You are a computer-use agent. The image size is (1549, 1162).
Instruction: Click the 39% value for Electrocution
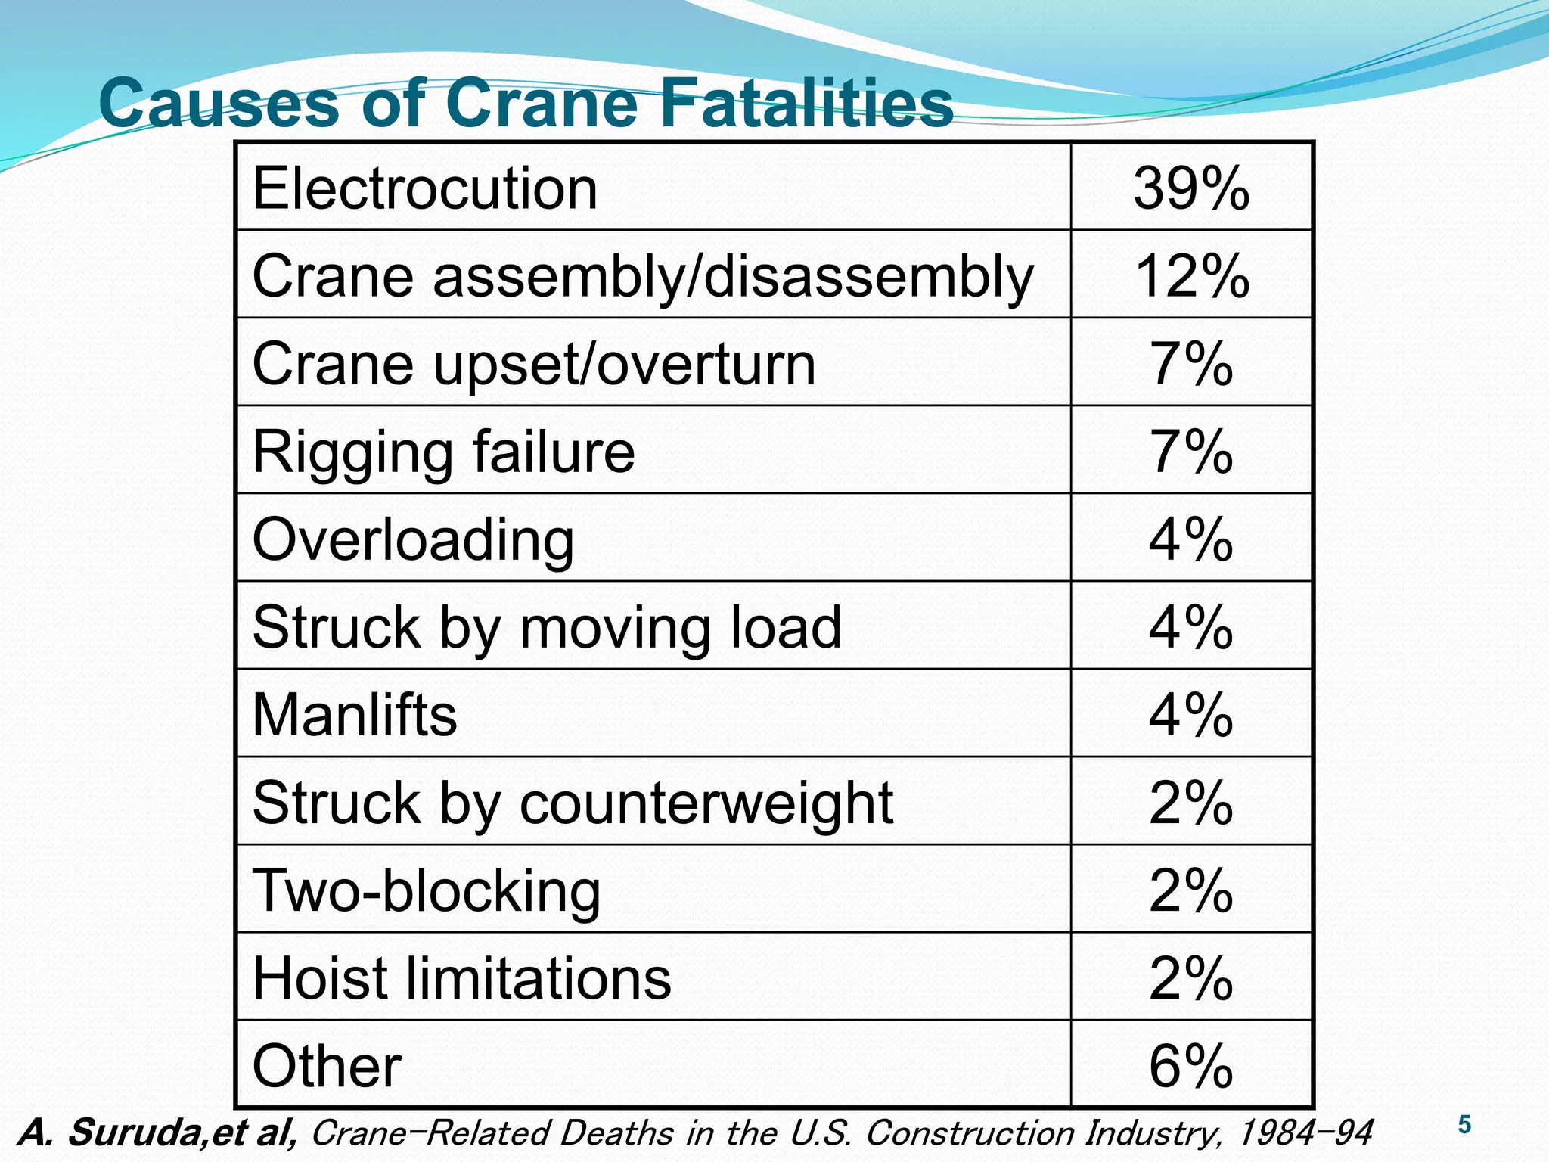click(x=1190, y=188)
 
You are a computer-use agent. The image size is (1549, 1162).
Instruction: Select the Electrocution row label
click(x=424, y=188)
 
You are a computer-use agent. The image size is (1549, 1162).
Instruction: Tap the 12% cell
click(x=1190, y=276)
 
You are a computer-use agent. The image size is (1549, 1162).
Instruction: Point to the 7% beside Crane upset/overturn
click(x=1190, y=364)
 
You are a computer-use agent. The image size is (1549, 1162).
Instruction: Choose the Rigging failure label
click(x=443, y=452)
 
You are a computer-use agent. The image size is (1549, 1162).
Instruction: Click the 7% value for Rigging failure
click(x=1190, y=452)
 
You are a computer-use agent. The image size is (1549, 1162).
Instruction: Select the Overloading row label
click(x=413, y=540)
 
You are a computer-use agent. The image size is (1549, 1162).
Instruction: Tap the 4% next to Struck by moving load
click(x=1190, y=627)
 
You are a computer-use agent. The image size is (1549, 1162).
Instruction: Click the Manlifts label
click(x=354, y=715)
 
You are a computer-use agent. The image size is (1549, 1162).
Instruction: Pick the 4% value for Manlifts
click(x=1190, y=715)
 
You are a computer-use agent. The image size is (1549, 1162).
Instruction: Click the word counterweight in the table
click(x=706, y=803)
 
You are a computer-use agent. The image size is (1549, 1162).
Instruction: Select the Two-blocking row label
click(x=426, y=891)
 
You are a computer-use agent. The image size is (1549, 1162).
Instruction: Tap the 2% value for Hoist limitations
click(x=1190, y=978)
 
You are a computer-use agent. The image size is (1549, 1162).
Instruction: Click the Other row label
click(x=327, y=1066)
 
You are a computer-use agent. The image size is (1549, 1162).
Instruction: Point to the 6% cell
click(x=1190, y=1066)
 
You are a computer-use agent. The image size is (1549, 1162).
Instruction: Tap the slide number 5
click(x=1464, y=1125)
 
